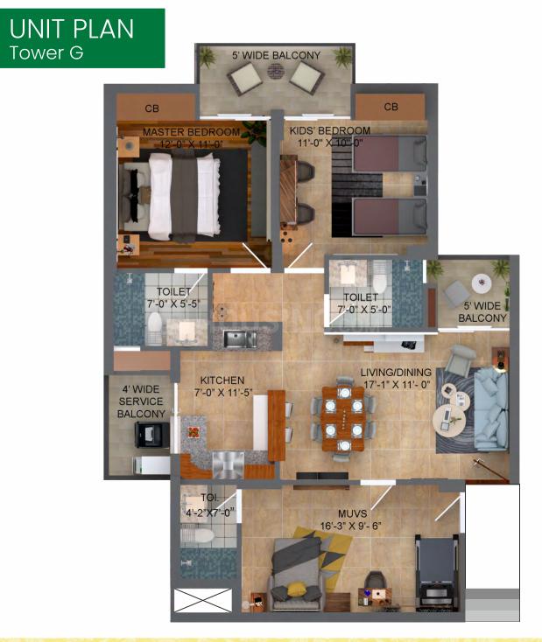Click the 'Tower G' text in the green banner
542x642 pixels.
[46, 52]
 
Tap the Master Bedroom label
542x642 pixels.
[191, 132]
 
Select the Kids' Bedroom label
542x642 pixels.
[330, 130]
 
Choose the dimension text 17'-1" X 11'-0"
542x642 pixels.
[397, 385]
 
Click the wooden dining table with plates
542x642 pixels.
[343, 418]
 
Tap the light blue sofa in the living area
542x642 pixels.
[491, 409]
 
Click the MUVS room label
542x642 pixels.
[353, 513]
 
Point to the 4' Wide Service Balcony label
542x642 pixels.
[141, 401]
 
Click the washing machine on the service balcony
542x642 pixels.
[151, 435]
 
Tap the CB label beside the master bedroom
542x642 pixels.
[151, 108]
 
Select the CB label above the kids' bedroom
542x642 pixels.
[391, 107]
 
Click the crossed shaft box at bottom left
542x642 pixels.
[202, 600]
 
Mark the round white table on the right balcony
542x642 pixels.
[482, 283]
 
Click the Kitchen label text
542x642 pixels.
[222, 380]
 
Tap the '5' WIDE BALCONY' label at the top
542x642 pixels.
[277, 55]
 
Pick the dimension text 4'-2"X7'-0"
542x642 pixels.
[209, 513]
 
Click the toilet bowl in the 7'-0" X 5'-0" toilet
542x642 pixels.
[380, 281]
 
